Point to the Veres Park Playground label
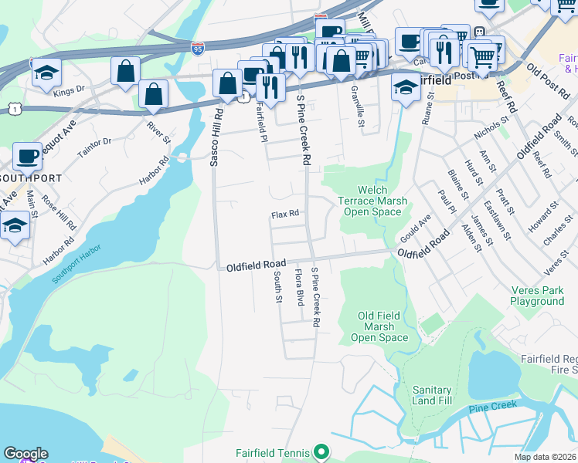537,296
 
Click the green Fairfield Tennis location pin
322,453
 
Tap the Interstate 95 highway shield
198,47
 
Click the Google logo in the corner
25,454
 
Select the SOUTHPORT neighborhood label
30,177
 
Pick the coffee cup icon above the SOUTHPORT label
27,156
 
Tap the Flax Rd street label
284,215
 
